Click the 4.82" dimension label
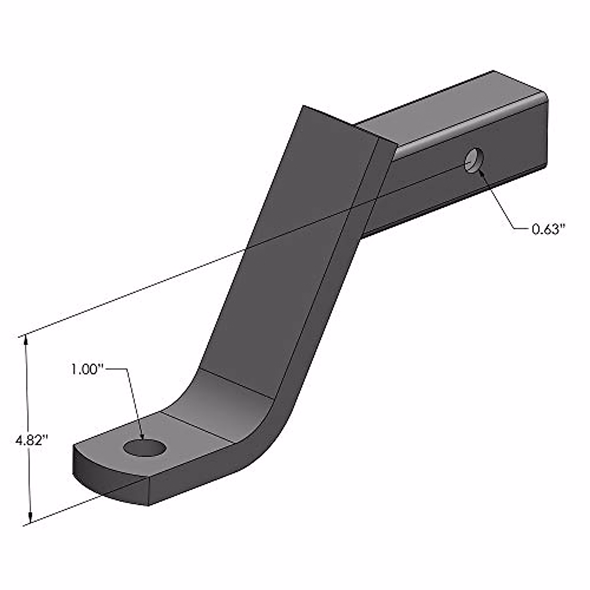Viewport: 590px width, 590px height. pos(30,440)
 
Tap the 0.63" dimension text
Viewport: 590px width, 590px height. pos(546,229)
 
